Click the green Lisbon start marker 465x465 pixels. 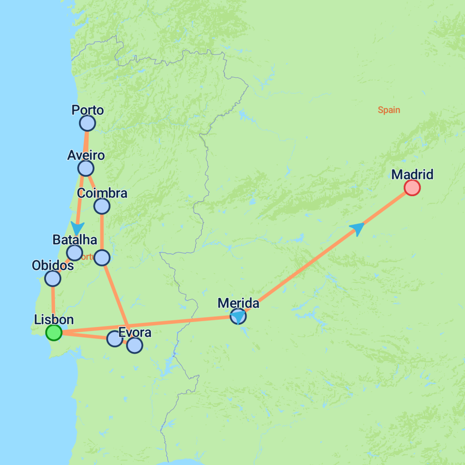pyautogui.click(x=54, y=333)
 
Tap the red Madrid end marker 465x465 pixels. pyautogui.click(x=412, y=188)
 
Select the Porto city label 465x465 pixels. pyautogui.click(x=88, y=110)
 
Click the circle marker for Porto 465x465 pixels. pyautogui.click(x=87, y=123)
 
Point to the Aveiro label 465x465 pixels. pyautogui.click(x=86, y=155)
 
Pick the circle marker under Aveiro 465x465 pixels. pyautogui.click(x=86, y=168)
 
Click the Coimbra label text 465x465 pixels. pyautogui.click(x=102, y=193)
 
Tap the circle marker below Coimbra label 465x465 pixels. pyautogui.click(x=102, y=207)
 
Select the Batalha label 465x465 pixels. pyautogui.click(x=75, y=239)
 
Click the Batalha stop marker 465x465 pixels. pyautogui.click(x=74, y=252)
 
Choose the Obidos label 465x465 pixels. pyautogui.click(x=53, y=265)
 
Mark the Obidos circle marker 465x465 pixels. pyautogui.click(x=53, y=278)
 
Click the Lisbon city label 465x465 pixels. pyautogui.click(x=54, y=320)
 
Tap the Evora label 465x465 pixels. pyautogui.click(x=134, y=332)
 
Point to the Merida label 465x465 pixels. pyautogui.click(x=238, y=303)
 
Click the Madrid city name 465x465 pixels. pyautogui.click(x=412, y=174)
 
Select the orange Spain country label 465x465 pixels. pyautogui.click(x=389, y=110)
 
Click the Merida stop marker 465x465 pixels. pyautogui.click(x=238, y=316)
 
